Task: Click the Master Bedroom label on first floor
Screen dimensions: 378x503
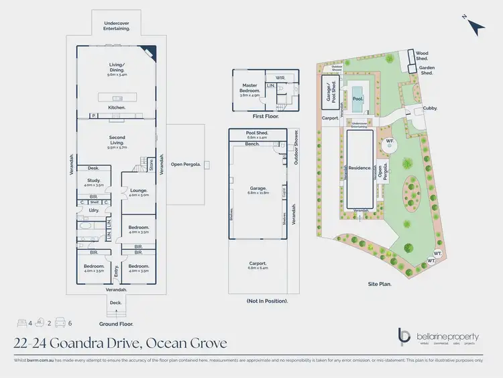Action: [x=249, y=88]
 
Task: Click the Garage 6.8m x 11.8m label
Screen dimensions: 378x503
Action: [x=258, y=190]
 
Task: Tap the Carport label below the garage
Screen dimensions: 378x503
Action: [x=258, y=265]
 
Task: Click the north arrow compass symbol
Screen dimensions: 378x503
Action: [x=476, y=25]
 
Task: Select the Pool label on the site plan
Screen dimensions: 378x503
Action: [x=357, y=99]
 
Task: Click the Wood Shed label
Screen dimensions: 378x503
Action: [x=422, y=55]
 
